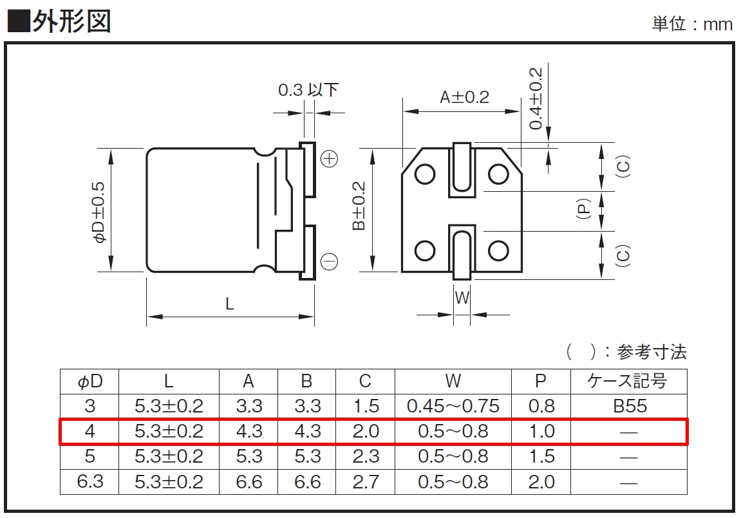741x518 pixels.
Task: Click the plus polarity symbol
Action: tap(330, 159)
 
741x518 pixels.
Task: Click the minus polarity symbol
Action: tap(330, 261)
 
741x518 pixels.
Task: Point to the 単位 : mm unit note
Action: tap(692, 24)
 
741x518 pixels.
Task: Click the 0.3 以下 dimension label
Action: tap(308, 89)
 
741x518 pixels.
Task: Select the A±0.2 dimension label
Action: tap(465, 97)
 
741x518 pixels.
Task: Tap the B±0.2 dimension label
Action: tap(359, 206)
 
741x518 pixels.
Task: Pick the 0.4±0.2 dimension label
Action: tap(536, 98)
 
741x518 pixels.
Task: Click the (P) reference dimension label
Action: tap(584, 208)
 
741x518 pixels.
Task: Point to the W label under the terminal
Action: tap(462, 298)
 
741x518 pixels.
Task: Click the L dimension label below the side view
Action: tap(230, 304)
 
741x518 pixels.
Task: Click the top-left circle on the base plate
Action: tap(425, 174)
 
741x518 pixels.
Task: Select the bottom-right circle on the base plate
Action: tap(498, 251)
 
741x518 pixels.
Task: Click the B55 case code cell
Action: tap(630, 406)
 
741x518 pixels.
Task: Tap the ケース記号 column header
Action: tap(627, 380)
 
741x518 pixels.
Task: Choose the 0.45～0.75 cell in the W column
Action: tap(453, 406)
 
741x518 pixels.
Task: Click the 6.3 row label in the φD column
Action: tap(89, 481)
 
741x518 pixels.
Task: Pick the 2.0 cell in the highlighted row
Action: tap(366, 431)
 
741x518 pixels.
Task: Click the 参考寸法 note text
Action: tap(652, 352)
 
